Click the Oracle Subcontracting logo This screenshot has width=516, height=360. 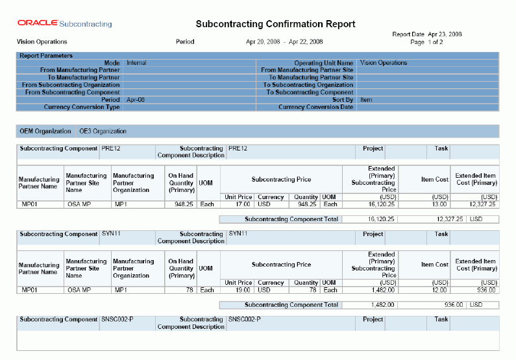[64, 24]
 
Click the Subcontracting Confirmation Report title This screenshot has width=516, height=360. [275, 24]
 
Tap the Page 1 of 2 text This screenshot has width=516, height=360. [426, 42]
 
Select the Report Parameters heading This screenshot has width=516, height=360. [46, 56]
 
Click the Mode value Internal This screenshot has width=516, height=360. [136, 63]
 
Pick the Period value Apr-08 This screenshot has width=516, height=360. [136, 100]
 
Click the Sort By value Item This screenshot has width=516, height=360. [365, 100]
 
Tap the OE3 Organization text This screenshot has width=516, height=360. [103, 131]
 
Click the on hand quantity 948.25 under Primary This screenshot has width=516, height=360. [179, 204]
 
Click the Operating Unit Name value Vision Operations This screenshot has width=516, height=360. [383, 63]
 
